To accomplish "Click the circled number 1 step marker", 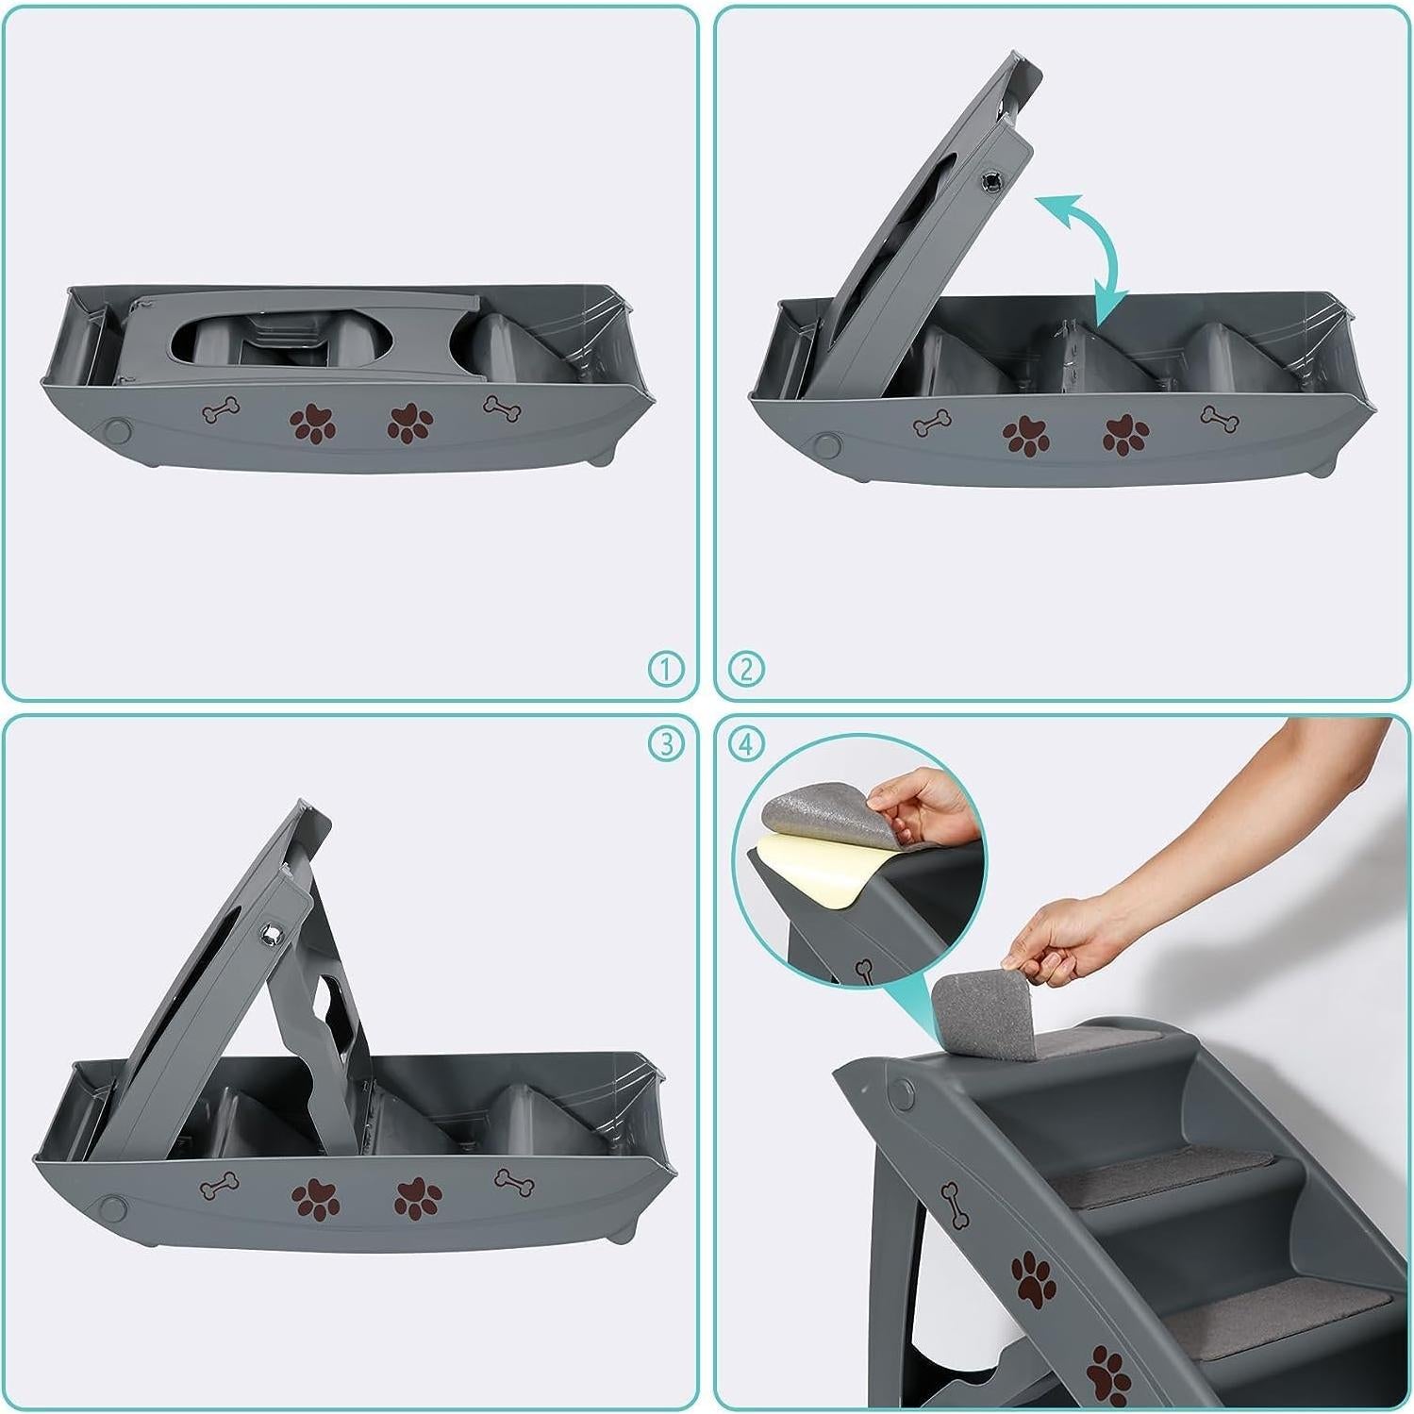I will [666, 670].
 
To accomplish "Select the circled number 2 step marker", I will [746, 670].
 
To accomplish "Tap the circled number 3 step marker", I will [666, 744].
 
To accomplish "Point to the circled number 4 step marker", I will [746, 744].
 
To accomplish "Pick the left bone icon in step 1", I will [221, 411].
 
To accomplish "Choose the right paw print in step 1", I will [410, 424].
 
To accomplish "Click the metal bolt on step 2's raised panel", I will [992, 181].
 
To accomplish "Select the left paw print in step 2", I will [1025, 436].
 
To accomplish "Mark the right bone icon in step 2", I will [1220, 418].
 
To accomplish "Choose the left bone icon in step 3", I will [219, 1186].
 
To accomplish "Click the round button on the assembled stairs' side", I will [903, 1095].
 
